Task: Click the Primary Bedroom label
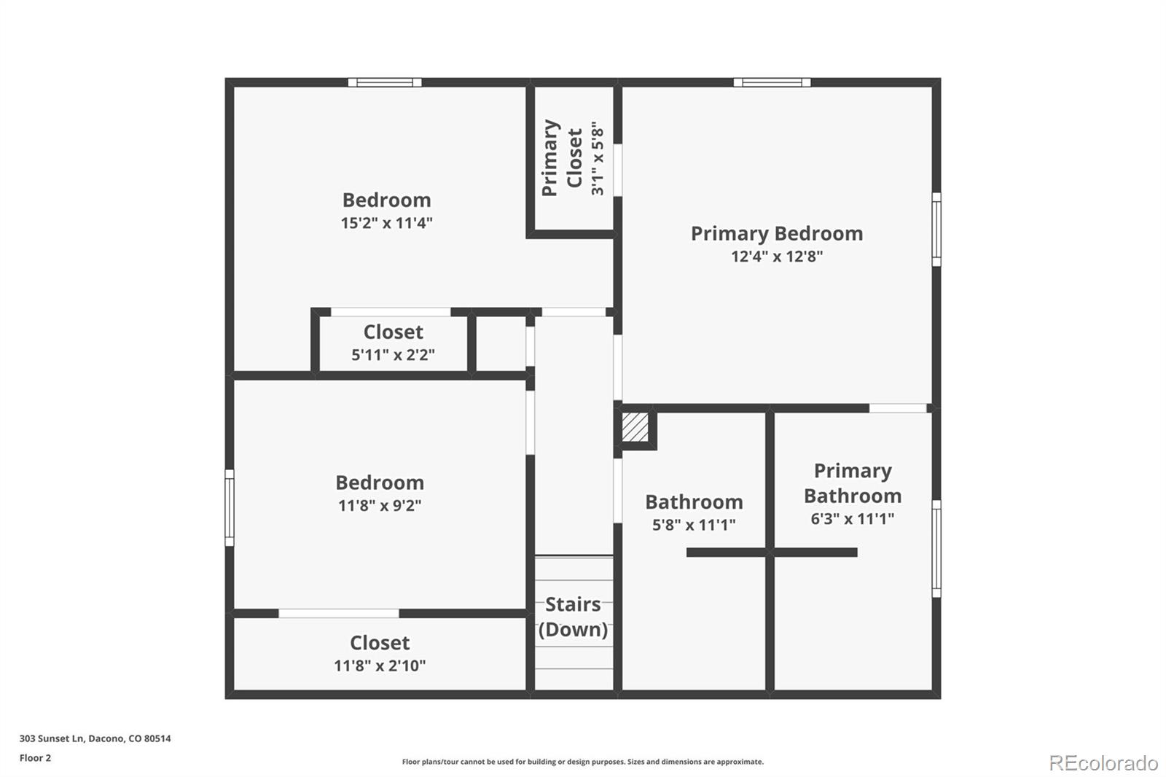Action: pos(777,234)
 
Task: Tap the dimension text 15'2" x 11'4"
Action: pos(387,223)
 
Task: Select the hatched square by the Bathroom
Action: pos(635,428)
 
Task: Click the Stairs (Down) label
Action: pos(573,617)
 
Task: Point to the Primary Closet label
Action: pos(562,157)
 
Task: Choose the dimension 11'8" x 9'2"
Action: pos(380,505)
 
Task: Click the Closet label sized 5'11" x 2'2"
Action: pos(393,332)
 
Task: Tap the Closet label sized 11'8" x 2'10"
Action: pos(380,643)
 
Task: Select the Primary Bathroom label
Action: pos(853,483)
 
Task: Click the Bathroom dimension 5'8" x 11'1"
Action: pos(694,524)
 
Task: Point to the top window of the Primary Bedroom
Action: pos(772,82)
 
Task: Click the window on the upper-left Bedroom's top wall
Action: pos(385,82)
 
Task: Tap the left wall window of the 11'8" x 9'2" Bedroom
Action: pos(230,508)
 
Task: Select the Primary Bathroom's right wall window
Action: pos(936,548)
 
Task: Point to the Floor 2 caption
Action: pos(36,758)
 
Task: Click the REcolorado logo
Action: pos(1103,763)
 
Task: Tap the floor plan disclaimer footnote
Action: pos(582,762)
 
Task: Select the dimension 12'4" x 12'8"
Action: pos(777,257)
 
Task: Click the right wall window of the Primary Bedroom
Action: pos(936,229)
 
